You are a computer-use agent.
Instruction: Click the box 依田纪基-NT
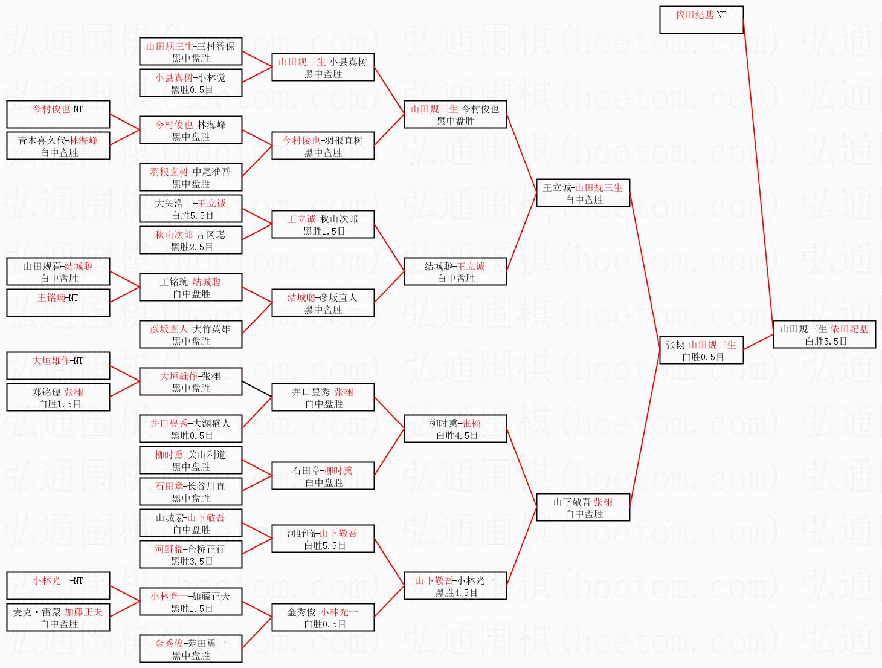pyautogui.click(x=701, y=20)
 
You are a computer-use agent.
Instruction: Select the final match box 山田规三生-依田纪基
pyautogui.click(x=824, y=334)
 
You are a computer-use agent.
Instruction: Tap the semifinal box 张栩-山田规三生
pyautogui.click(x=701, y=350)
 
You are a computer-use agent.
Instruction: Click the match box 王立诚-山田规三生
pyautogui.click(x=583, y=193)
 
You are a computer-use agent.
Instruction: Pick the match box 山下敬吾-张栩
pyautogui.click(x=583, y=507)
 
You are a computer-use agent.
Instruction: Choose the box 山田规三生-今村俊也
pyautogui.click(x=455, y=114)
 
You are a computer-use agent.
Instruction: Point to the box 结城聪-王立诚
pyautogui.click(x=455, y=271)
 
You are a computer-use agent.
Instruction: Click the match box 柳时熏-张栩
pyautogui.click(x=455, y=429)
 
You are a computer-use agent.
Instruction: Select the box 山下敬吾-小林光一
pyautogui.click(x=455, y=586)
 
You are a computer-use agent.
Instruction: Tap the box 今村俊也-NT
pyautogui.click(x=58, y=114)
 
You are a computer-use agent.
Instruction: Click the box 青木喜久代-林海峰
pyautogui.click(x=58, y=146)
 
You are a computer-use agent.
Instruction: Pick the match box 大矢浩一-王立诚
pyautogui.click(x=190, y=209)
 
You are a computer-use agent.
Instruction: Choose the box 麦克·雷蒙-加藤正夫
pyautogui.click(x=58, y=617)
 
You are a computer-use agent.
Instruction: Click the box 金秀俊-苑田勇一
pyautogui.click(x=190, y=649)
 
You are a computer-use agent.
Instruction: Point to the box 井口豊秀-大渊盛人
pyautogui.click(x=190, y=429)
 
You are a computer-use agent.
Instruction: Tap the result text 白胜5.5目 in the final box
pyautogui.click(x=826, y=341)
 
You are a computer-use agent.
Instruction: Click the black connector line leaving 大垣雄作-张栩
pyautogui.click(x=257, y=389)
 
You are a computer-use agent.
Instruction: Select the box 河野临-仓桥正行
pyautogui.click(x=190, y=554)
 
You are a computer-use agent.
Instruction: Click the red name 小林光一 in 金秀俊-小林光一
pyautogui.click(x=339, y=612)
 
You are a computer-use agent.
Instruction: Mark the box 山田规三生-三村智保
pyautogui.click(x=190, y=51)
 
